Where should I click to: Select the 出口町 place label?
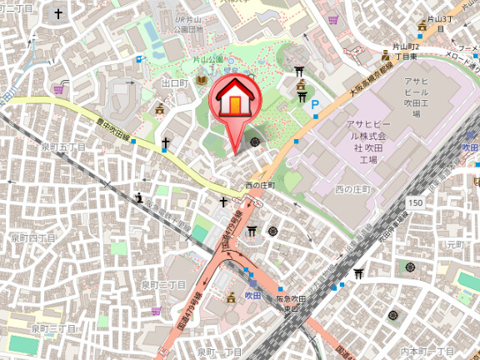176,82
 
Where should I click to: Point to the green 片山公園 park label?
208,60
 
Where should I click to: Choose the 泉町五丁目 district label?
63,147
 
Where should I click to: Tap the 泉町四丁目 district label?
33,237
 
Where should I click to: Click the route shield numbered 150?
416,202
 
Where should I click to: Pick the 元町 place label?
454,244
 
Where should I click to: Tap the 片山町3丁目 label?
439,17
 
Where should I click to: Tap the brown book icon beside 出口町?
201,81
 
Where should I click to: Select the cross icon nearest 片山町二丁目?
58,13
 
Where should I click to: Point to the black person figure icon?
138,197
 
